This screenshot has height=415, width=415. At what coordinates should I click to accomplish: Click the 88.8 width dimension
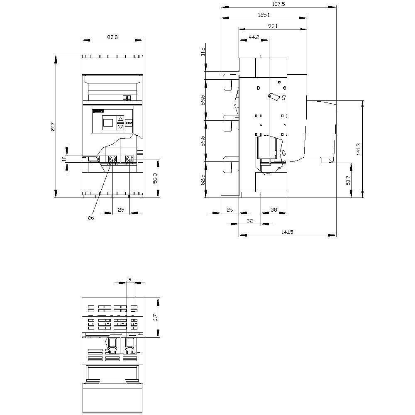[112, 37]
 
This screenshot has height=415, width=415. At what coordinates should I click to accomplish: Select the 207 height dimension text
[53, 127]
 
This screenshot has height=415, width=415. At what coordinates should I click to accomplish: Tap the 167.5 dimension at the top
[278, 4]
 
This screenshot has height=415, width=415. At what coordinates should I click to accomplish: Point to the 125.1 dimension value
[264, 15]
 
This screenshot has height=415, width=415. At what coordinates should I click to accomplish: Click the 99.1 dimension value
[273, 26]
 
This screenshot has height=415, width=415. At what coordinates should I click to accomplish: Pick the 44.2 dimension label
[254, 37]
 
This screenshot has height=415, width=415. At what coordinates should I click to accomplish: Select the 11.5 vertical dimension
[203, 51]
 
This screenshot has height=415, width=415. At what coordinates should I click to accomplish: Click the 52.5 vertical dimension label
[203, 179]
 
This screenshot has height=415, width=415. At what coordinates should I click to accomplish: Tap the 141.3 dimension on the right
[359, 149]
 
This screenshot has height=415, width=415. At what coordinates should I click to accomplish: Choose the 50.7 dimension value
[348, 181]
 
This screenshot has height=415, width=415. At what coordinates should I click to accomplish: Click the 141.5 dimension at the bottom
[288, 232]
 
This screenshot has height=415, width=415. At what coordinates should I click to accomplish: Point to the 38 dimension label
[274, 210]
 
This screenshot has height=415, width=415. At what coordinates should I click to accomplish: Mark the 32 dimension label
[250, 221]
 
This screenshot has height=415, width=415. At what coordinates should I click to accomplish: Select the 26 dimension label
[230, 210]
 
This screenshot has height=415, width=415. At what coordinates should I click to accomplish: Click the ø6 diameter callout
[90, 218]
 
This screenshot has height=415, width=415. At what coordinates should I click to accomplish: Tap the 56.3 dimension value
[155, 178]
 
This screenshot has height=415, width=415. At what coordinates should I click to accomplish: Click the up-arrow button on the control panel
[120, 119]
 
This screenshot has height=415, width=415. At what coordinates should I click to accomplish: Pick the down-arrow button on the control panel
[120, 127]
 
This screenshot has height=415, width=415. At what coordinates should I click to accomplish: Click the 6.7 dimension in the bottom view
[155, 317]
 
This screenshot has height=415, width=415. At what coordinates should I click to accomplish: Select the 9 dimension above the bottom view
[129, 279]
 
